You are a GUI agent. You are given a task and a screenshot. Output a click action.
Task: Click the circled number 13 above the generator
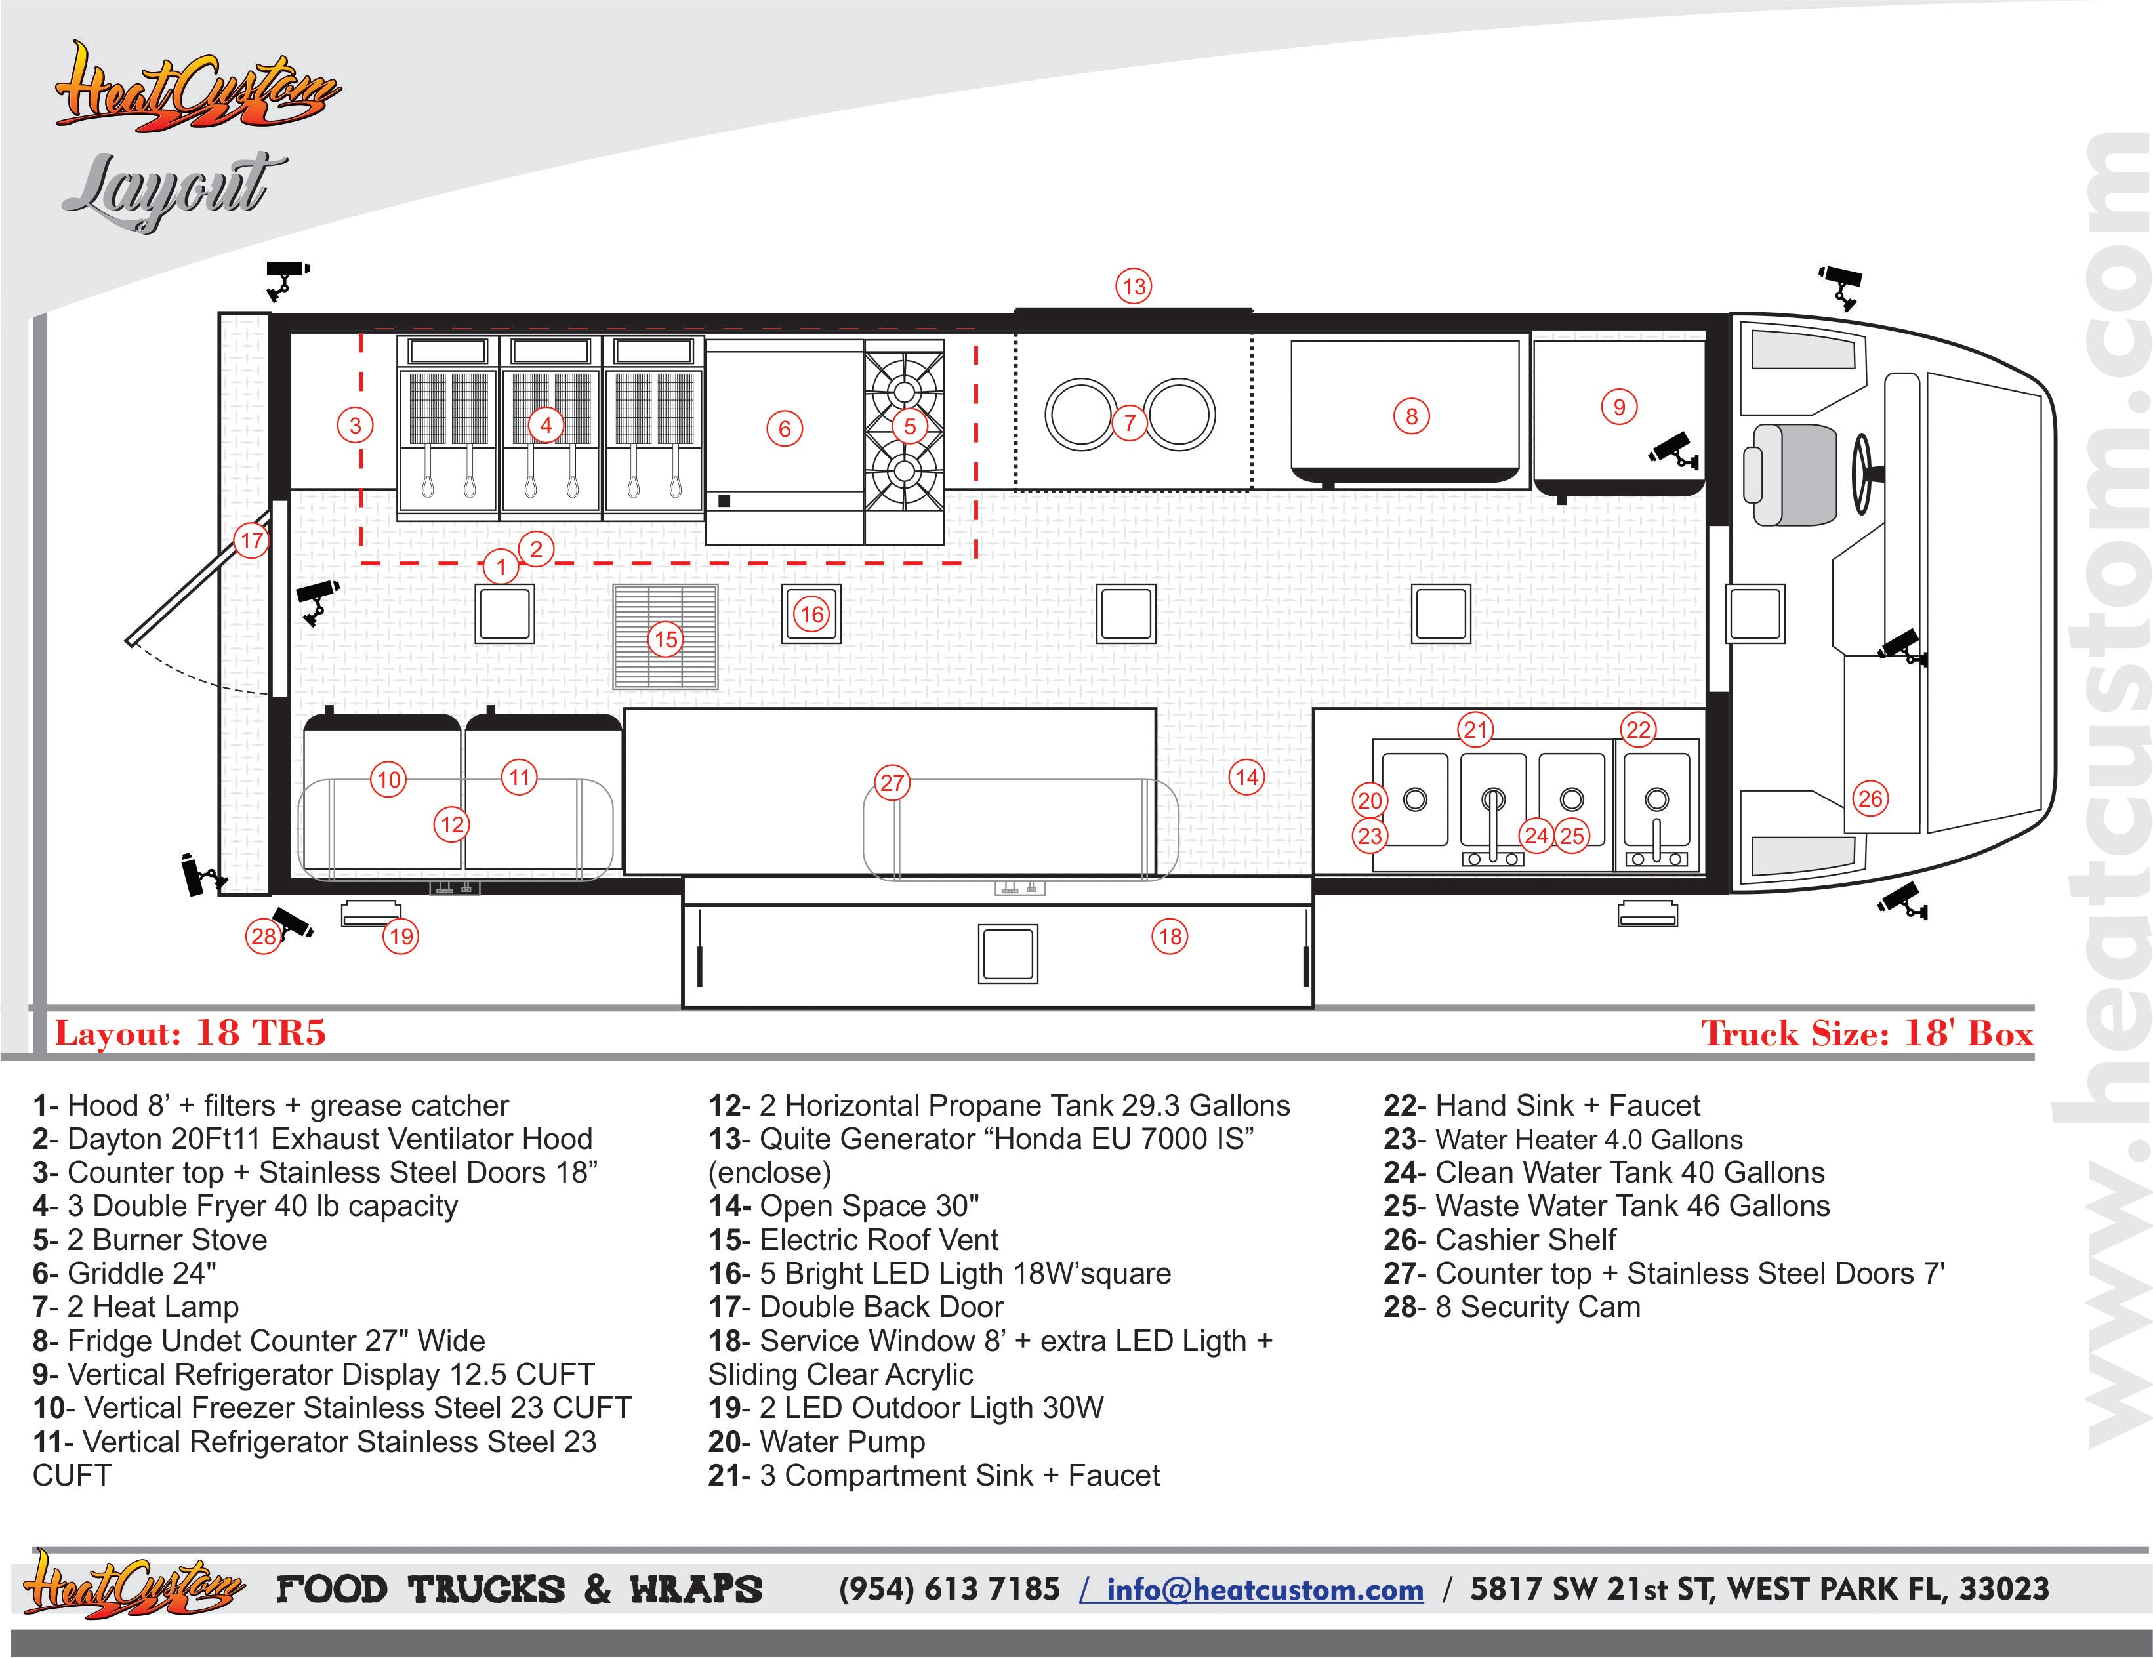point(1134,287)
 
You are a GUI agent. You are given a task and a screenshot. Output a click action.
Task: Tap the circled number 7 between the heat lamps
point(1130,424)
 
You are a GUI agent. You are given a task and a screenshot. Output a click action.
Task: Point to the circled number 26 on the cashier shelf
point(1870,798)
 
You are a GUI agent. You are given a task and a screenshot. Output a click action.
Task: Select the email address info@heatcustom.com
point(1265,1589)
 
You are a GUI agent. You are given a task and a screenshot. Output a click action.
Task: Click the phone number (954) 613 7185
point(949,1589)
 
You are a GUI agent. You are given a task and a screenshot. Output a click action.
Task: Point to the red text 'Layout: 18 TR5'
point(190,1032)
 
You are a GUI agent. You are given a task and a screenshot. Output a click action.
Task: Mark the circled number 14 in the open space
point(1247,777)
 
